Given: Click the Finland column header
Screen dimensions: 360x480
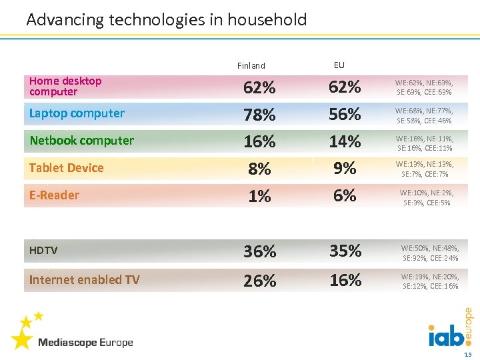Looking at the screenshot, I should [251, 66].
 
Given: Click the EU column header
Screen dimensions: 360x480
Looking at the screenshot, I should [339, 65].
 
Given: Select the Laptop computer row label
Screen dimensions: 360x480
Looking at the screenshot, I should [77, 113].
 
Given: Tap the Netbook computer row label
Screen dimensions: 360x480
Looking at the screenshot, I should [81, 141].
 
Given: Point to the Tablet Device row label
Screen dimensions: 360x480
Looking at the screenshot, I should [66, 168].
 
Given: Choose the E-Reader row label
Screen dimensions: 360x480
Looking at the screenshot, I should [54, 195].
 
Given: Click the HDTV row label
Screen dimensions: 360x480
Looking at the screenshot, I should [43, 251].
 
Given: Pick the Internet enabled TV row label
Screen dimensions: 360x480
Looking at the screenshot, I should [84, 280].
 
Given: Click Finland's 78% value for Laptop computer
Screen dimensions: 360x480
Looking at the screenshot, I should [259, 115].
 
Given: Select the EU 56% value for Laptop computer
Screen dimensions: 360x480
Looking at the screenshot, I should [345, 115].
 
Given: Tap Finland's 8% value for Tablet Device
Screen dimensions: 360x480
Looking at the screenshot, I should [259, 169].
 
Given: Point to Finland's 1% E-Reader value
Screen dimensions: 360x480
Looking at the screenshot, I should [259, 196].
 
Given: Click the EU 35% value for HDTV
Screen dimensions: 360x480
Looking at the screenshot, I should [345, 251].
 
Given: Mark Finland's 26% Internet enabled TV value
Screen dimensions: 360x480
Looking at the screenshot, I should [259, 281].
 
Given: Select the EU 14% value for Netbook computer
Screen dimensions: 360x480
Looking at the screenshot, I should [345, 142].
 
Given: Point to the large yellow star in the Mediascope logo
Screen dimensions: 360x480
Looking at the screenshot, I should [21, 339].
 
